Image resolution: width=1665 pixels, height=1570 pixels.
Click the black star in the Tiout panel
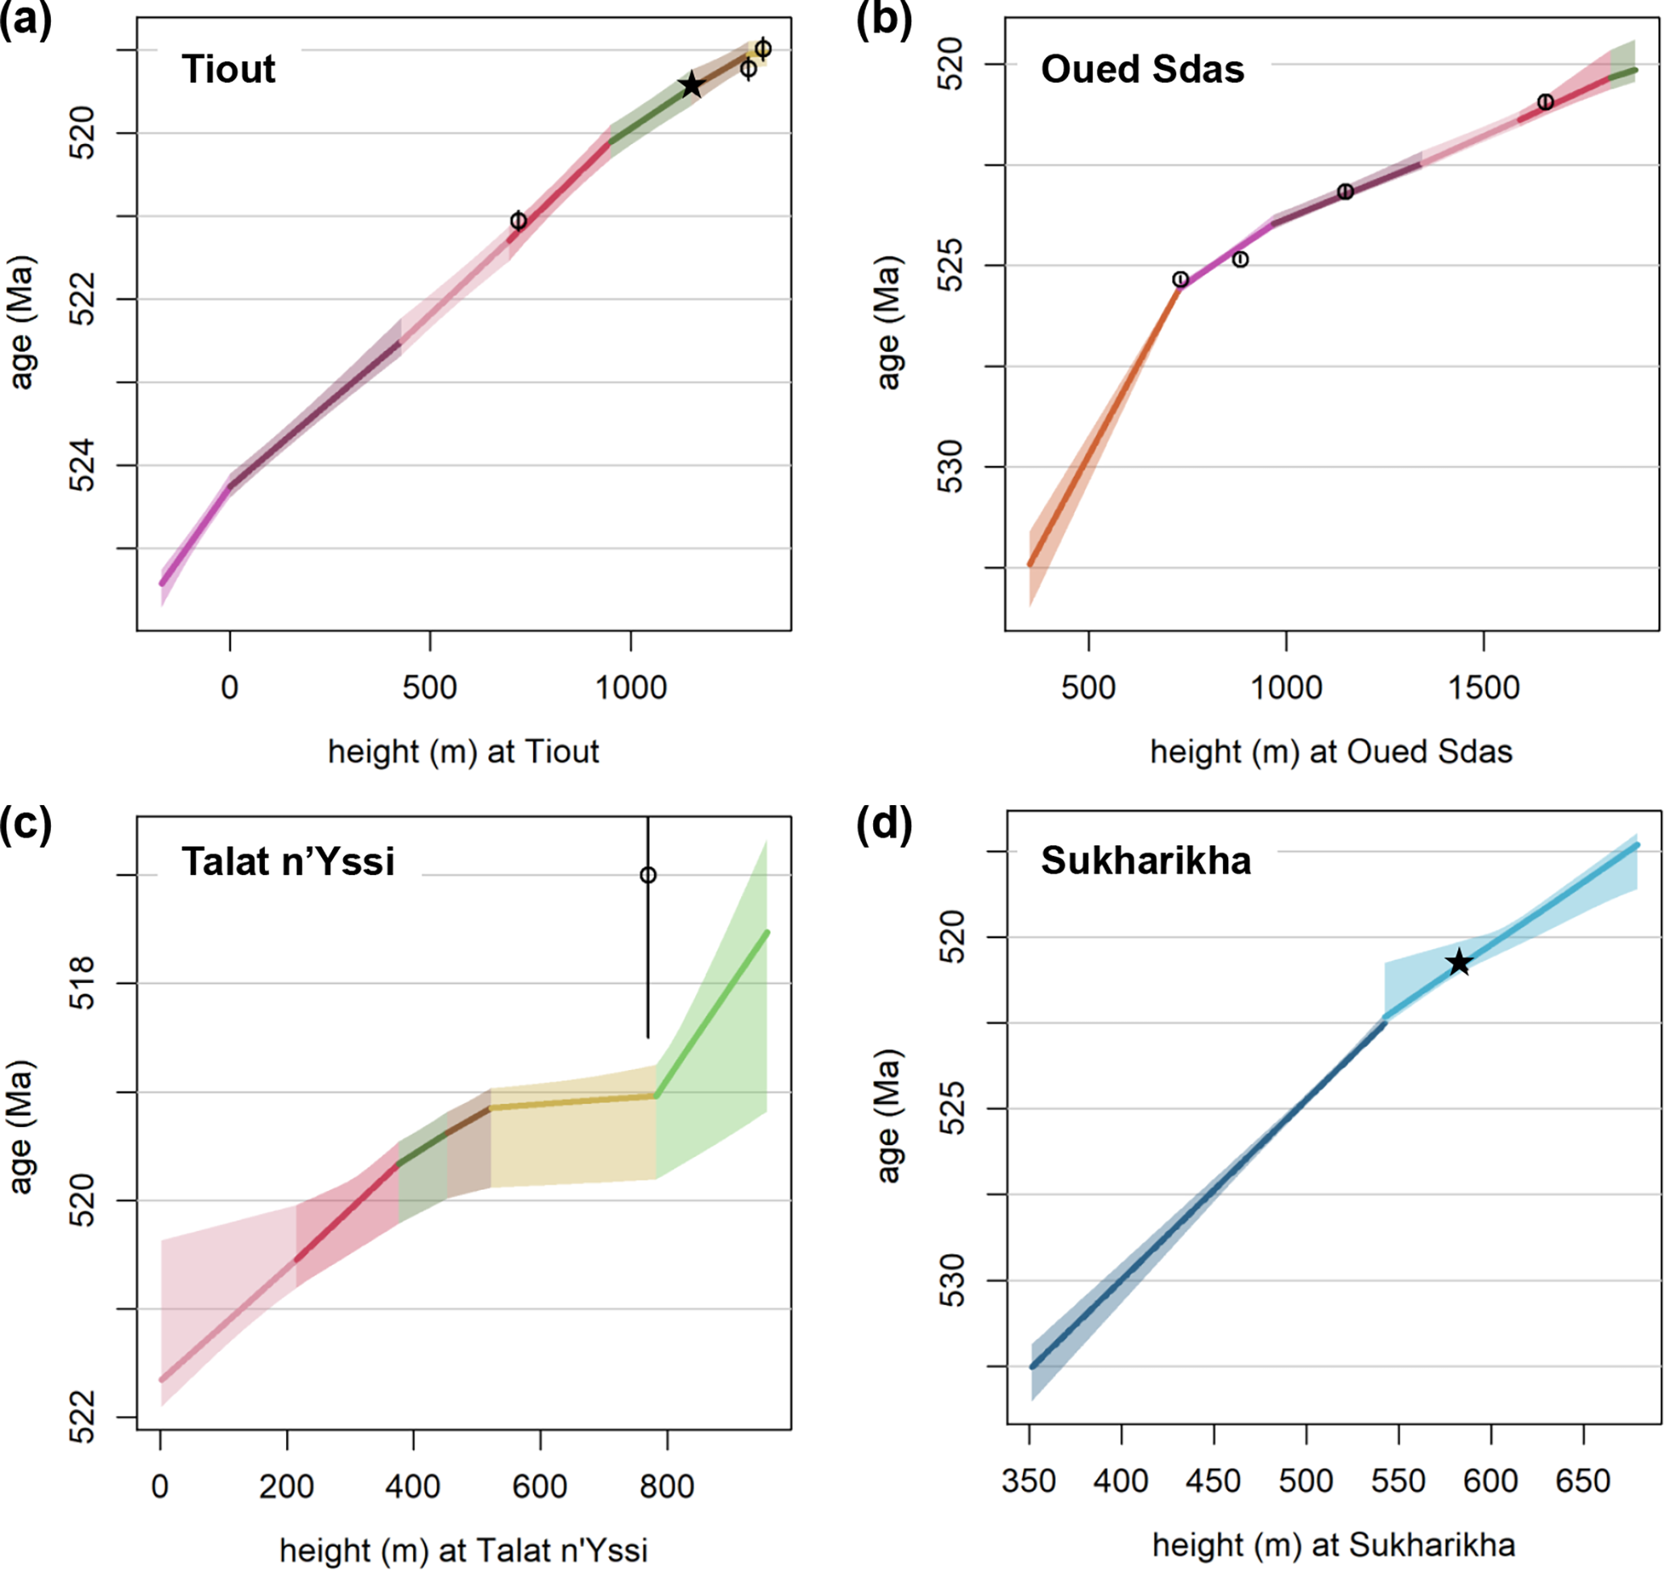691,85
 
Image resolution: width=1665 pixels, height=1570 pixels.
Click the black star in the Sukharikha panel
1459,962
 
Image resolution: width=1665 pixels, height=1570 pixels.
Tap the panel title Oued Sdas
1142,68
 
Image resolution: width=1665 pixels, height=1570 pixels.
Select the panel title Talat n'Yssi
288,861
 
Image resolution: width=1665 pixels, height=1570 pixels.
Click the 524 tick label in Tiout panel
83,465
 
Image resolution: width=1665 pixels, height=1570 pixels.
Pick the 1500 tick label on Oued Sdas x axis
1484,688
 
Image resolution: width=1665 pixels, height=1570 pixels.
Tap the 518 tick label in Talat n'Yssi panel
83,983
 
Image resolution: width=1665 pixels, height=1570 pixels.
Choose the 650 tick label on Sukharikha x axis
1583,1481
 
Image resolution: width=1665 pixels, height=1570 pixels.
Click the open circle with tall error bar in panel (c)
648,876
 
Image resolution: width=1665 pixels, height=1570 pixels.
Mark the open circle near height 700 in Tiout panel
519,221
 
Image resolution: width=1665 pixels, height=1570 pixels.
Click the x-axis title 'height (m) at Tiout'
463,752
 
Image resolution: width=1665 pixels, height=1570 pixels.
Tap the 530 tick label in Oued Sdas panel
951,466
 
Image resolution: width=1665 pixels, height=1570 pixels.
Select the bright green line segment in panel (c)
712,1013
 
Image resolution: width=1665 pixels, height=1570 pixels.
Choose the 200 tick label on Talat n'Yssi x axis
287,1486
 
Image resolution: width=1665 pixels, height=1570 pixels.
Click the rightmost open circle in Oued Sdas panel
1545,102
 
